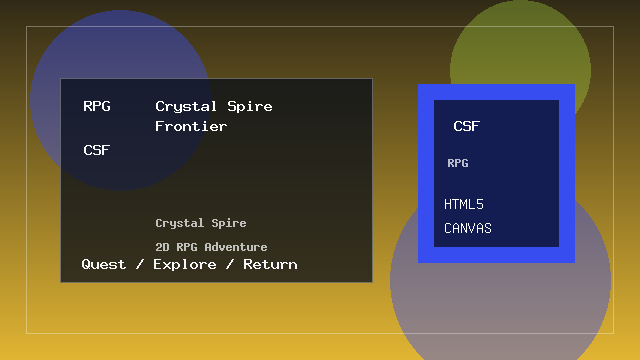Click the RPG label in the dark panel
coord(97,106)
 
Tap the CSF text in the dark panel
coord(97,150)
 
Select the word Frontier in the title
coord(191,127)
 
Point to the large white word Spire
coord(250,106)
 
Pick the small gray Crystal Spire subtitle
coord(200,223)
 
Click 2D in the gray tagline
coord(162,247)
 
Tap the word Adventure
coord(235,247)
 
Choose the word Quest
coord(104,264)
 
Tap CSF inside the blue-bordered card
coord(466,126)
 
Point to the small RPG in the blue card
coord(458,163)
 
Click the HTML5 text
coord(464,205)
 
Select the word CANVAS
coord(468,229)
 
